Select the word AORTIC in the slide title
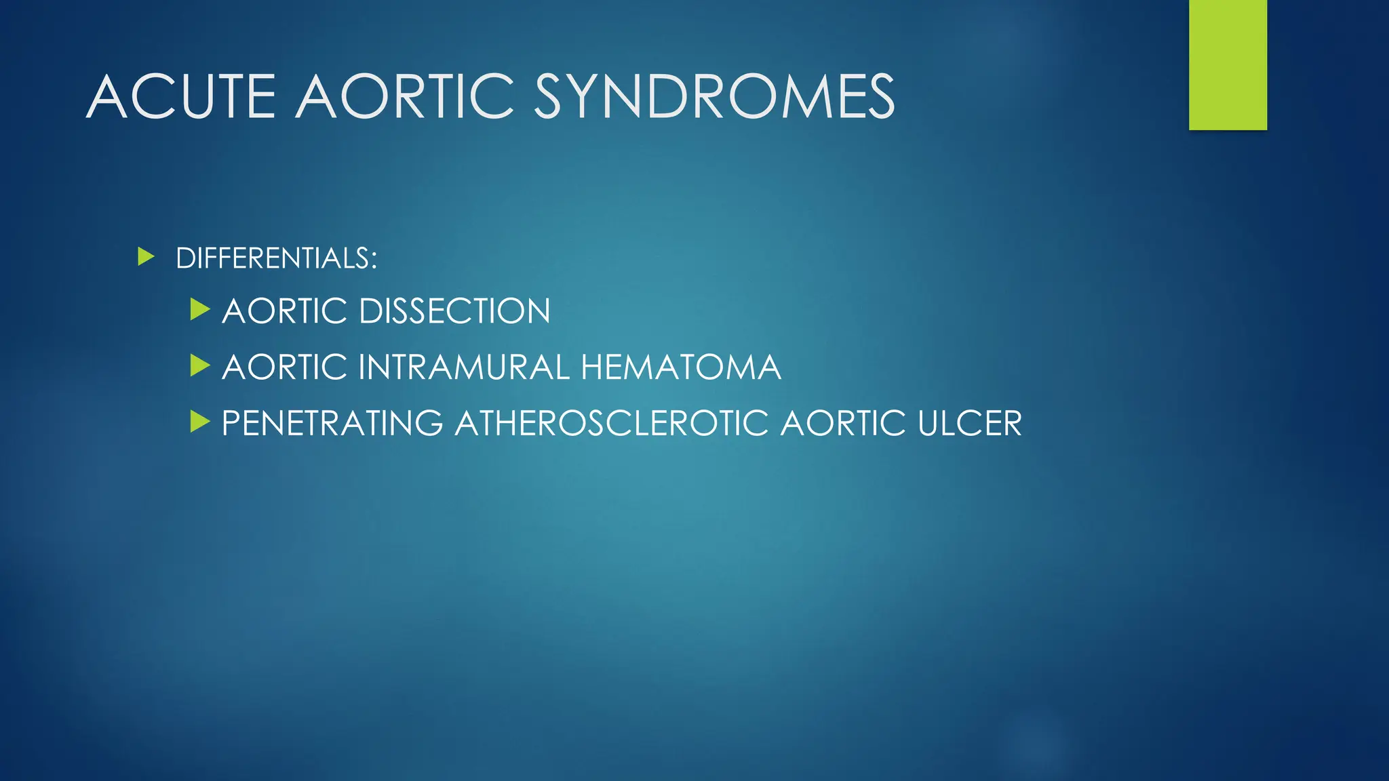coord(405,97)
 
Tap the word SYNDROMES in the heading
coord(714,97)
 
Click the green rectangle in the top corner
coord(1228,64)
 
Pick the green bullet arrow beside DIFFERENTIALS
coord(146,257)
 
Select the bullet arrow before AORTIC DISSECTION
coord(200,310)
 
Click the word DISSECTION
coord(454,311)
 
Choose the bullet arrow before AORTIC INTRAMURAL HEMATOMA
coord(200,366)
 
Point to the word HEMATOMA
coord(681,367)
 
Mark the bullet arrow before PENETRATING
coord(200,422)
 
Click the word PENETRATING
coord(332,424)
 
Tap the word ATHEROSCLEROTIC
coord(612,424)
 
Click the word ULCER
coord(970,424)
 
